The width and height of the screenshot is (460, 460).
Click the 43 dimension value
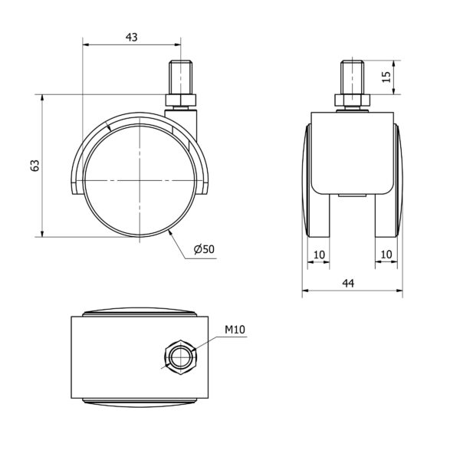point(131,38)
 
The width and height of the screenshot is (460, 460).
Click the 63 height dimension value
point(35,166)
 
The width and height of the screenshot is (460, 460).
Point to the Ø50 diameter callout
point(204,249)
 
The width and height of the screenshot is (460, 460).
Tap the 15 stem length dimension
point(387,77)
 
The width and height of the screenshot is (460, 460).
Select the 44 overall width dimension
point(348,283)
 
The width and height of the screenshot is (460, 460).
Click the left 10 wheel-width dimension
point(319,255)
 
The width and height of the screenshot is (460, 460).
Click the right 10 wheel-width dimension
point(386,255)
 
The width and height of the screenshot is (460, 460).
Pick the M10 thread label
point(235,330)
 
